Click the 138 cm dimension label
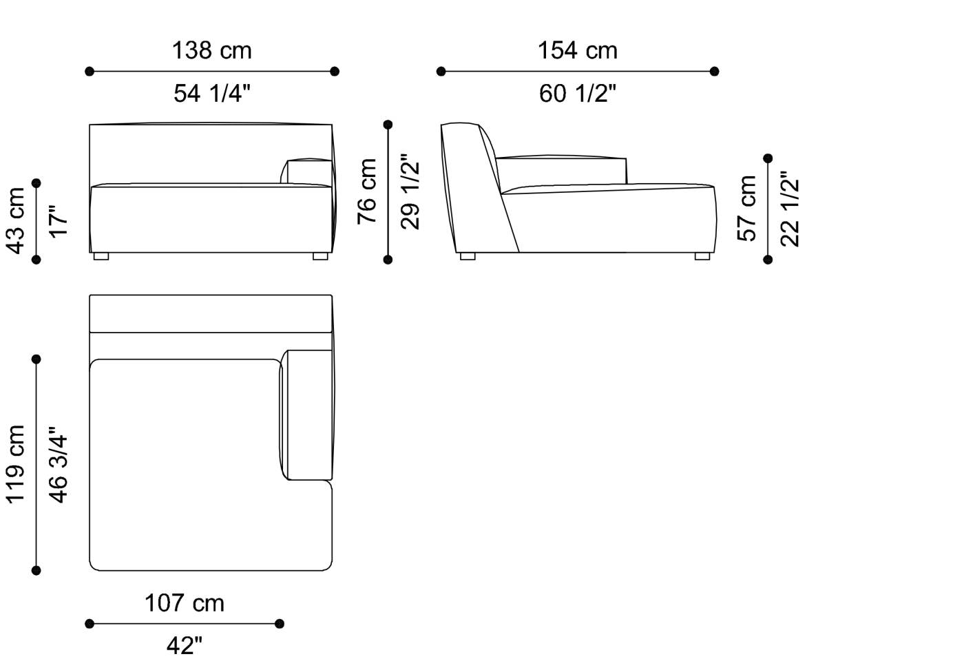211,51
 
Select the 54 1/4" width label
211,94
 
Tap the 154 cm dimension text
577,51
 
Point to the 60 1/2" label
577,94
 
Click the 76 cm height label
367,191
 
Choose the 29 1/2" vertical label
410,191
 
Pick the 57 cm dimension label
747,208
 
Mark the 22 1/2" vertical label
790,208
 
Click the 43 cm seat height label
15,220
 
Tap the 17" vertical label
59,220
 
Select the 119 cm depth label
15,464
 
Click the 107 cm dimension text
184,603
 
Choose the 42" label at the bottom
184,646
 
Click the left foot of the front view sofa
101,256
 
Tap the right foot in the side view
702,256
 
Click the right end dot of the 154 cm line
714,71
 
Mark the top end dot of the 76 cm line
388,125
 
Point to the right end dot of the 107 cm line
279,624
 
